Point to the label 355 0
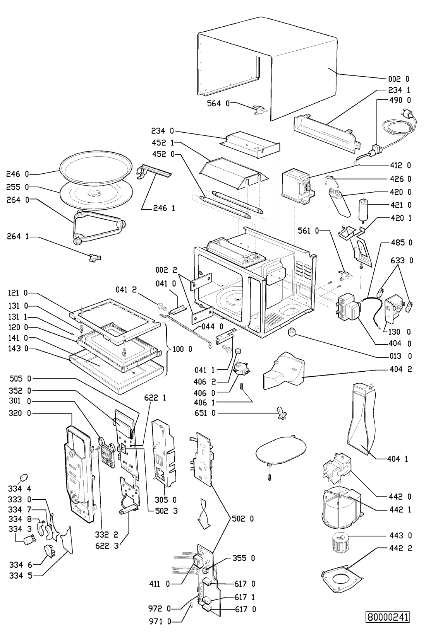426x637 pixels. [x=244, y=558]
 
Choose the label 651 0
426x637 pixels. [x=205, y=413]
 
